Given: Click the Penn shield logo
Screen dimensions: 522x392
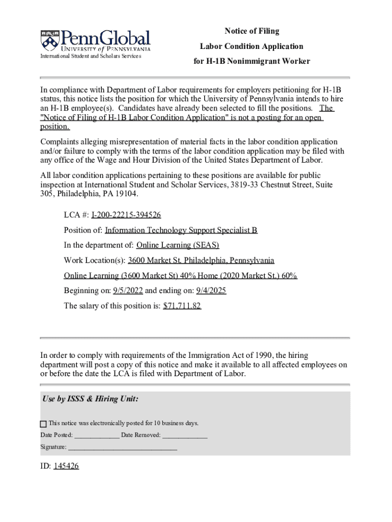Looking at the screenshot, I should point(49,40).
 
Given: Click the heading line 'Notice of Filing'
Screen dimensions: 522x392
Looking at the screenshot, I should point(252,31).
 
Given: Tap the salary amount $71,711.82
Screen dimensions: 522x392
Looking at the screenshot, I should point(182,306).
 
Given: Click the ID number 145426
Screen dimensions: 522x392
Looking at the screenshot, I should point(66,466).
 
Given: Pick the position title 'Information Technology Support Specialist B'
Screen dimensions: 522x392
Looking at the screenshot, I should point(181,230).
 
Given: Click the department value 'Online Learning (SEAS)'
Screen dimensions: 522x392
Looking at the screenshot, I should point(178,245).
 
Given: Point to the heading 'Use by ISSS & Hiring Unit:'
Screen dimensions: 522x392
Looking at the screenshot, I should point(91,399).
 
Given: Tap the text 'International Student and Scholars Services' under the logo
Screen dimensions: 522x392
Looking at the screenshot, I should point(91,56).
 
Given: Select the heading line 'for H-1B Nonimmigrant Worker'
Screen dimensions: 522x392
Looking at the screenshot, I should point(251,61).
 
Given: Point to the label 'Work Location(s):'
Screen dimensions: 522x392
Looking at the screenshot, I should point(95,260).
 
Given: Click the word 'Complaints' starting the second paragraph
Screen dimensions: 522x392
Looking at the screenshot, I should point(60,142).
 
